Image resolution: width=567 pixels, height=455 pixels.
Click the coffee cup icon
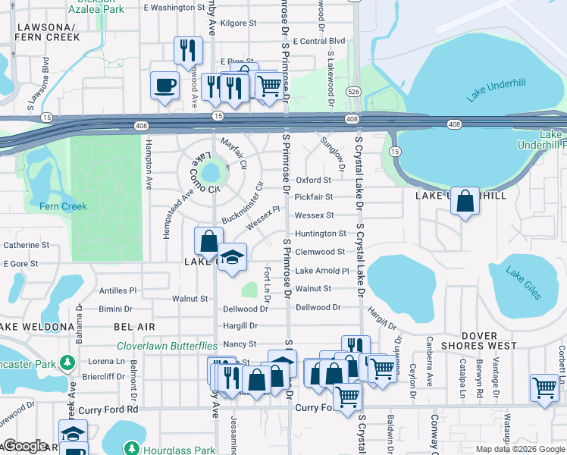(164, 85)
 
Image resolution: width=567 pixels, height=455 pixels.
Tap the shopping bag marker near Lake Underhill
(465, 202)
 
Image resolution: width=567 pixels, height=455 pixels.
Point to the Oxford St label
(313, 180)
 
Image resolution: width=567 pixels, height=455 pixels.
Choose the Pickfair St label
(313, 197)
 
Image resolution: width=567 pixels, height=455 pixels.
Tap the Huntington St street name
(320, 234)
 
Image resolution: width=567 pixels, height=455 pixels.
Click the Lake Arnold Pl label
(321, 271)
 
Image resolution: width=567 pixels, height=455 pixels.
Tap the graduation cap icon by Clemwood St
(233, 257)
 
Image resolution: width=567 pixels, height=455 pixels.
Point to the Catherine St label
(27, 245)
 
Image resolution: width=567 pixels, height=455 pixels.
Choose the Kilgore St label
(238, 24)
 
